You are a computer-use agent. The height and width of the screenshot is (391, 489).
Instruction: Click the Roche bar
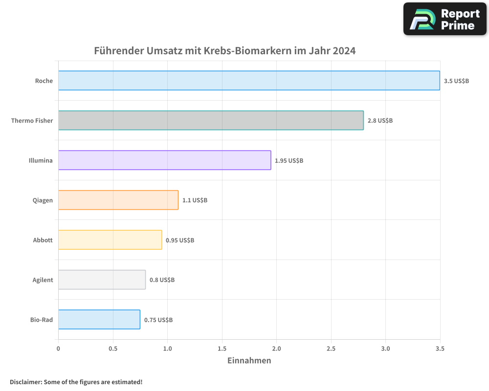click(x=249, y=81)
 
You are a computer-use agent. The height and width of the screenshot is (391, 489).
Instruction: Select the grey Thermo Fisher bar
click(x=211, y=120)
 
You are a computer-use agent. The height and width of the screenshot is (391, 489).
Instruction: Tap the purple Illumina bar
click(x=164, y=160)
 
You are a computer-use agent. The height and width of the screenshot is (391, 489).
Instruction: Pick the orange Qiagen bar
click(x=118, y=200)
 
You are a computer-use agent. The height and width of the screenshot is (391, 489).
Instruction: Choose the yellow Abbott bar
click(x=110, y=240)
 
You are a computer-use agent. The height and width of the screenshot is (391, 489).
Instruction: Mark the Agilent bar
click(x=102, y=280)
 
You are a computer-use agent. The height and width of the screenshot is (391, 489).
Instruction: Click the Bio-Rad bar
click(x=99, y=320)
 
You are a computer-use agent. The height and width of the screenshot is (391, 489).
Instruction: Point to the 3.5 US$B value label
click(x=456, y=81)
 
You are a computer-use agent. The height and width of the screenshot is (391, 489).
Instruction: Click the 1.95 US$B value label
click(x=289, y=160)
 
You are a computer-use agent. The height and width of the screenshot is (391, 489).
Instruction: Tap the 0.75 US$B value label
click(x=158, y=320)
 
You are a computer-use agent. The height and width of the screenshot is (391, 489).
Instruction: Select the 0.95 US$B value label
click(x=180, y=240)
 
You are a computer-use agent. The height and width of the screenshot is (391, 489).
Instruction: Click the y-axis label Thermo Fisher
click(x=32, y=120)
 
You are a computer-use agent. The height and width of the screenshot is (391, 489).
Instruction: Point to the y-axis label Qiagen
click(x=43, y=200)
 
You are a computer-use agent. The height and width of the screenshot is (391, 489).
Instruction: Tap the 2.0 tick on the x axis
click(x=276, y=348)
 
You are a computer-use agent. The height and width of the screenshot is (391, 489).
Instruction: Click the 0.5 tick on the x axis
click(x=113, y=348)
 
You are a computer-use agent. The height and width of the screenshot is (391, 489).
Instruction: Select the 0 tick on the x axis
click(x=58, y=348)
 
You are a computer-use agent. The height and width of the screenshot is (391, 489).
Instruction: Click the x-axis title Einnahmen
click(x=249, y=361)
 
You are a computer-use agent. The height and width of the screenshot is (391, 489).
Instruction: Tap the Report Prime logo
click(x=445, y=19)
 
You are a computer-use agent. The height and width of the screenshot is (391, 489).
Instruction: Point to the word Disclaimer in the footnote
click(x=25, y=382)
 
